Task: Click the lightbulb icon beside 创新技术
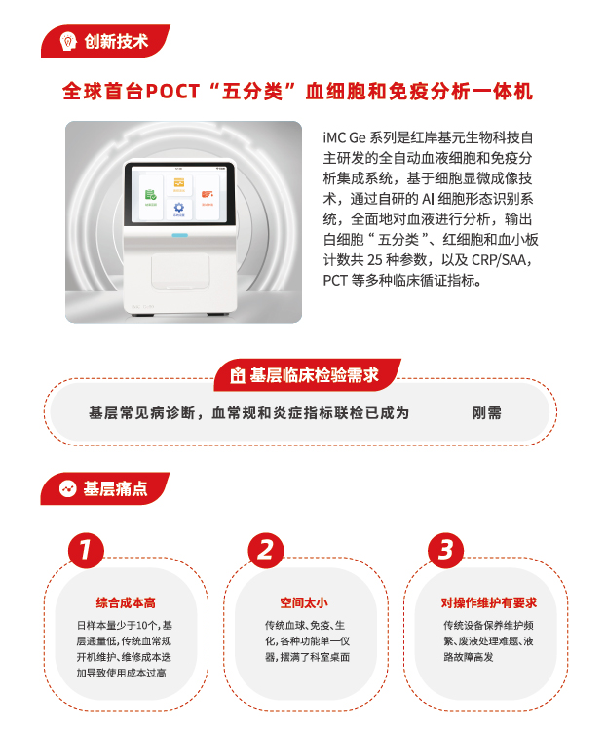68,41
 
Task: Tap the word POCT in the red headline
172,91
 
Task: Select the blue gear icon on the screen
179,208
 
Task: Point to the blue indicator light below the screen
179,235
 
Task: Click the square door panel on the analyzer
180,271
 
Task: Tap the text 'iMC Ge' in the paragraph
344,137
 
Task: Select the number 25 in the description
375,260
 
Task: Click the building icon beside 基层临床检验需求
237,375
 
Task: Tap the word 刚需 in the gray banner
487,413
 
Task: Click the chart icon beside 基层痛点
68,489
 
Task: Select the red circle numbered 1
86,551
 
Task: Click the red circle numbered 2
266,551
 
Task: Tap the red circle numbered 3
445,551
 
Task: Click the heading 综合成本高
126,602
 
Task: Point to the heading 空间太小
304,602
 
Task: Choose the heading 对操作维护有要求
489,602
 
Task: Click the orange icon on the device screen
179,183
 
